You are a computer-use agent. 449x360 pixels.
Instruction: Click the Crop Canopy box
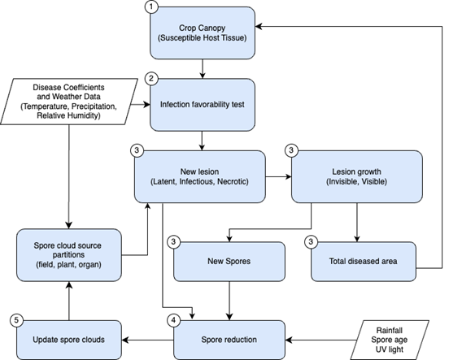(x=203, y=33)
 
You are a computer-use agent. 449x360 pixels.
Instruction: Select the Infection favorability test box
(x=203, y=105)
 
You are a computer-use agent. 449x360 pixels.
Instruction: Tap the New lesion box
(x=200, y=176)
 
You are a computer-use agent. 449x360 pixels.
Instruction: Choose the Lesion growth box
(x=357, y=176)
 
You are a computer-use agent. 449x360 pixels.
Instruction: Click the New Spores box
(x=229, y=262)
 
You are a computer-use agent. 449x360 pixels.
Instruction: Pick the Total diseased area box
(x=364, y=262)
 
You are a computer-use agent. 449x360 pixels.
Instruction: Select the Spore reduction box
(x=229, y=340)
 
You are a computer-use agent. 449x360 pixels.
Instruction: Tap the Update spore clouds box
(x=69, y=340)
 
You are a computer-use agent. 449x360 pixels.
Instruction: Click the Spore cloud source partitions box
(x=69, y=255)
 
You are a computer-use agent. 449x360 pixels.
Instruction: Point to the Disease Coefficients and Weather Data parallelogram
(x=69, y=102)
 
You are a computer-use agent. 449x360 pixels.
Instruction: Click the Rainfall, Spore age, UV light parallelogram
(x=390, y=340)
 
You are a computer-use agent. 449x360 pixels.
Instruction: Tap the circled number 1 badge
(x=151, y=7)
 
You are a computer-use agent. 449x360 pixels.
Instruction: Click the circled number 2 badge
(x=151, y=78)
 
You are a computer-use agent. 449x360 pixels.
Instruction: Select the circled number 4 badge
(x=173, y=320)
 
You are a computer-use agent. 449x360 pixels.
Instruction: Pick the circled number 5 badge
(x=16, y=320)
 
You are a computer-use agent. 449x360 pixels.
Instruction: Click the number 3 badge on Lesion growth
(x=291, y=150)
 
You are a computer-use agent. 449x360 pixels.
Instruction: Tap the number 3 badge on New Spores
(x=173, y=242)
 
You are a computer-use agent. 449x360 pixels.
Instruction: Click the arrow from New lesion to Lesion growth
(x=278, y=177)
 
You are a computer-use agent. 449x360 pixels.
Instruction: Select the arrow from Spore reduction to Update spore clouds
(x=148, y=340)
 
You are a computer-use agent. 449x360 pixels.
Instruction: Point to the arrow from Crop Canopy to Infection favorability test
(x=203, y=69)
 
